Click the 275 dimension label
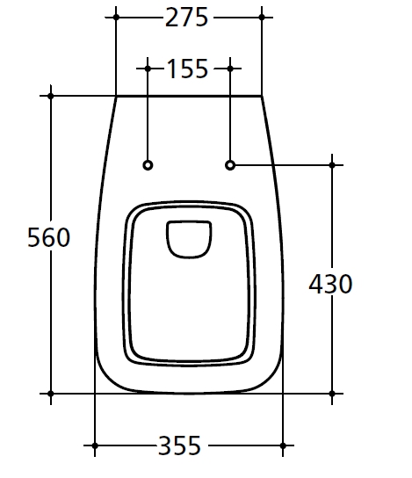(186, 18)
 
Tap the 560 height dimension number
(49, 237)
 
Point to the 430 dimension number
(330, 284)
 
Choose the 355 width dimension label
(179, 445)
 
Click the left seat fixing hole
(148, 165)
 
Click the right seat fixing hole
(230, 165)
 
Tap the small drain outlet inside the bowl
(189, 239)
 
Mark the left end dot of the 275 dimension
(116, 18)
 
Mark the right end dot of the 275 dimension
(262, 18)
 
